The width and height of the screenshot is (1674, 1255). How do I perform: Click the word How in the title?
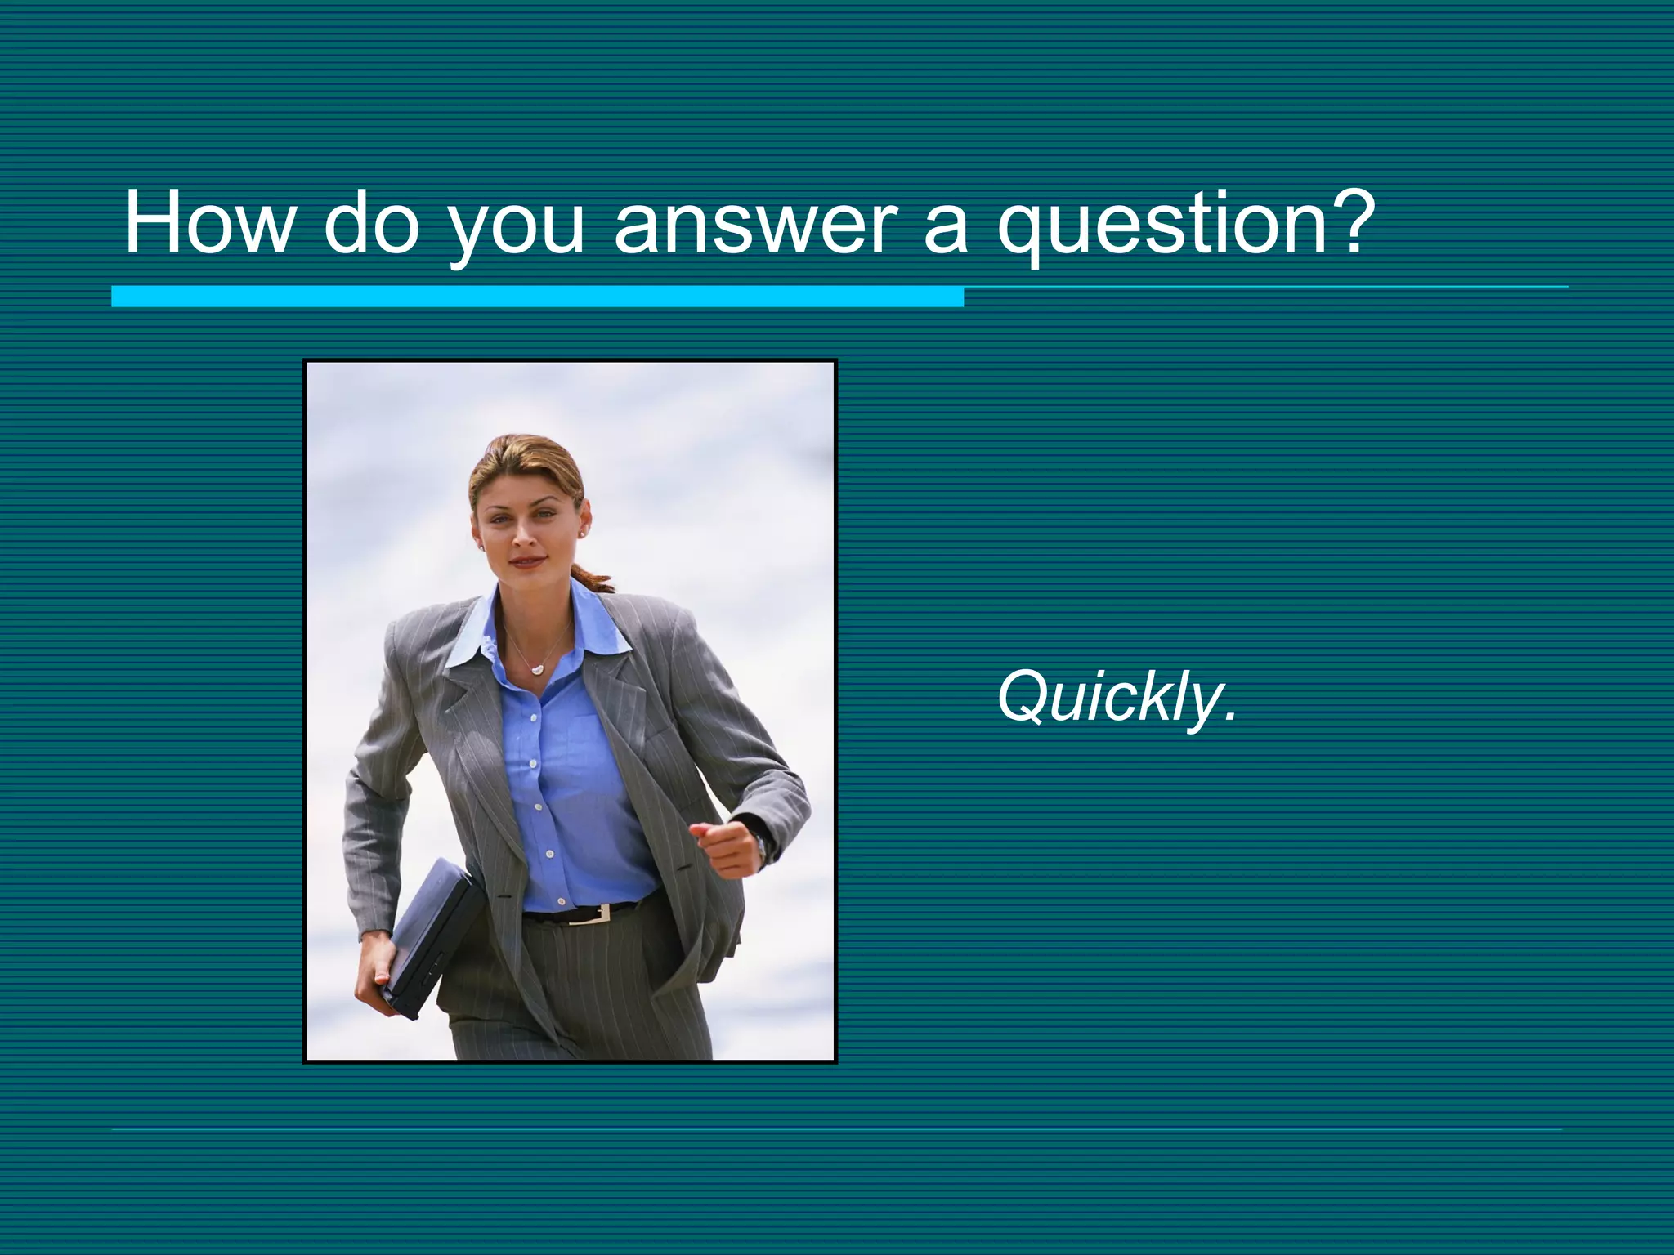click(208, 222)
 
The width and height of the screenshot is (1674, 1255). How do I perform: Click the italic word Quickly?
click(1108, 697)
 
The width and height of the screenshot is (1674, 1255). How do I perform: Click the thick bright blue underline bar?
click(537, 297)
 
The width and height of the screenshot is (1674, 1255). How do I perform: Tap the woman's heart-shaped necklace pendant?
click(536, 669)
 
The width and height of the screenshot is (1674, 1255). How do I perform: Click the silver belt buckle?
click(593, 913)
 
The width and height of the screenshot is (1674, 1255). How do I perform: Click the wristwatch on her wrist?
click(761, 848)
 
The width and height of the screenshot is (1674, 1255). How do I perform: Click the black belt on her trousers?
click(556, 914)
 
